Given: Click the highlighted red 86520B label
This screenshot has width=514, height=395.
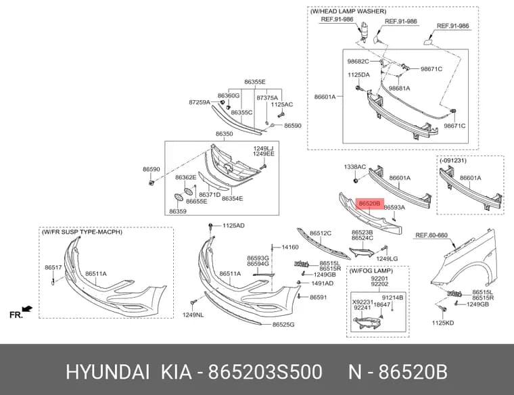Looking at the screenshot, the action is click(x=369, y=204).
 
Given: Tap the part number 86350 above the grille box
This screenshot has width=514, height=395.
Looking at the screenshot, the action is click(x=225, y=134).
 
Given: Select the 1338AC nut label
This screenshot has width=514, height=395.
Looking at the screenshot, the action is click(x=354, y=167).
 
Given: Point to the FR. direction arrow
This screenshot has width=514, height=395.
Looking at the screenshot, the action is click(x=27, y=309).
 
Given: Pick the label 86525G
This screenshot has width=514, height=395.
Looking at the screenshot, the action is click(x=283, y=325).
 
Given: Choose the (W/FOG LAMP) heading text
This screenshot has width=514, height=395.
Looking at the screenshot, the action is click(x=371, y=271).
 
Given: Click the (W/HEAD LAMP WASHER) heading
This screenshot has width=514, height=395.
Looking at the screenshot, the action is click(x=348, y=11).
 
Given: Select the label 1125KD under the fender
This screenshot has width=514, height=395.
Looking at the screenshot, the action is click(x=443, y=323).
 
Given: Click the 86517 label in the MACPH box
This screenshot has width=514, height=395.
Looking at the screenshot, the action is click(x=53, y=267).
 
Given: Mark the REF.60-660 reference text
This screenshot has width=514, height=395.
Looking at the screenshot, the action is click(x=431, y=235).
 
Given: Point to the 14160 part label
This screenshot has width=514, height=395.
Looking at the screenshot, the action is click(x=290, y=247).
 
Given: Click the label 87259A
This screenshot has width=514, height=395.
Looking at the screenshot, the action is click(x=200, y=102).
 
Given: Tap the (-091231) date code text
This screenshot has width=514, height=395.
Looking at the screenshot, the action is click(x=453, y=160).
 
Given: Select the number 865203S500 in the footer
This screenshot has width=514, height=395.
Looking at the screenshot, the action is click(x=265, y=373).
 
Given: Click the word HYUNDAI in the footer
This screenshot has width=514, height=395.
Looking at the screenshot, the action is click(x=108, y=373).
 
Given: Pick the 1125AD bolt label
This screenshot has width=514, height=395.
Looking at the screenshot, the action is click(x=233, y=225).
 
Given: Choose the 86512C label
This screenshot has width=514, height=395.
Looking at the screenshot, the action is click(x=321, y=233).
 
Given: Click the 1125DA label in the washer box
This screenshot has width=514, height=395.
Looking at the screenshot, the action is click(x=358, y=74).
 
